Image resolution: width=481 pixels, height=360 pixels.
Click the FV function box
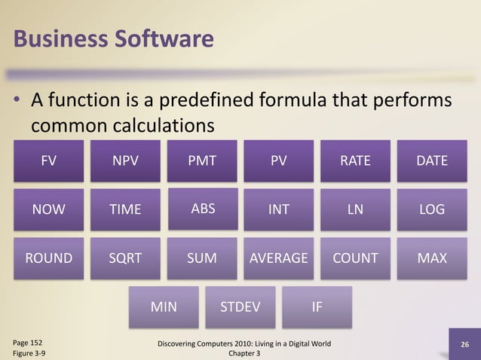[x=48, y=161]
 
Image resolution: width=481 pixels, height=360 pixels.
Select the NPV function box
[x=125, y=161]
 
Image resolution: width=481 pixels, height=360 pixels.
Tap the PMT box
[x=202, y=161]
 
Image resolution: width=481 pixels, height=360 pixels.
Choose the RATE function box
[x=355, y=161]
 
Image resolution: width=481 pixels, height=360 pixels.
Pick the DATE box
[x=432, y=161]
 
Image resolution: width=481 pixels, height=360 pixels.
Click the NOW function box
[x=48, y=210]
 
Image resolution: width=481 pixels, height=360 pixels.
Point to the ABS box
[x=203, y=209]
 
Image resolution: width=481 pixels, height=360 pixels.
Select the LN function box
[x=355, y=210]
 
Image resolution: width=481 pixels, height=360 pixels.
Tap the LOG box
[x=432, y=210]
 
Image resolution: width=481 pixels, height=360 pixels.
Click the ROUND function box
[x=49, y=258]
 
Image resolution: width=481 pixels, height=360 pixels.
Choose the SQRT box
[x=125, y=258]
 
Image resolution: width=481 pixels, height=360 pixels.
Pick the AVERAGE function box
[x=279, y=258]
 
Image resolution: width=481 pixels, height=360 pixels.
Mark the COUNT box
[x=355, y=258]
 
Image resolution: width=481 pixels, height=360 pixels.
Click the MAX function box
[x=432, y=258]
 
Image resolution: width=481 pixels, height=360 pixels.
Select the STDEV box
[x=240, y=307]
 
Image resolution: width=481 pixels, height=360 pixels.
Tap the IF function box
[x=317, y=307]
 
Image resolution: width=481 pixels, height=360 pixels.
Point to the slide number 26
[x=464, y=344]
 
